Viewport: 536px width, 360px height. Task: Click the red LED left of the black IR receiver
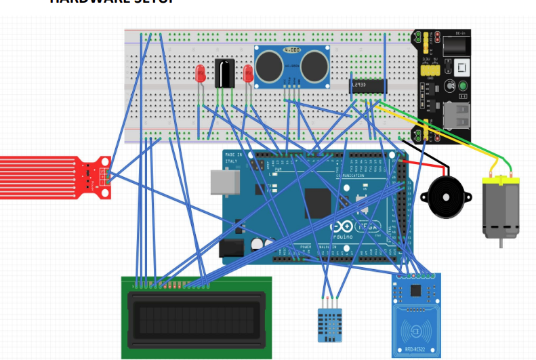pyautogui.click(x=200, y=73)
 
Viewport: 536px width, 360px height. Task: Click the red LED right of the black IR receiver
pyautogui.click(x=249, y=73)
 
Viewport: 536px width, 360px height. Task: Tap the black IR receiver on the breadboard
pyautogui.click(x=224, y=73)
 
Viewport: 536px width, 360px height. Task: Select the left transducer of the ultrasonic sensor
pyautogui.click(x=270, y=65)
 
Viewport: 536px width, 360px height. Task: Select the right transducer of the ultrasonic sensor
pyautogui.click(x=314, y=65)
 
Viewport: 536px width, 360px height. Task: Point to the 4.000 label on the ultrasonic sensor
pyautogui.click(x=292, y=50)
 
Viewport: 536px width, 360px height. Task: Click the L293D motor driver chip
pyautogui.click(x=367, y=85)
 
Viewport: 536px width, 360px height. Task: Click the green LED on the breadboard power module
pyautogui.click(x=462, y=86)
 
